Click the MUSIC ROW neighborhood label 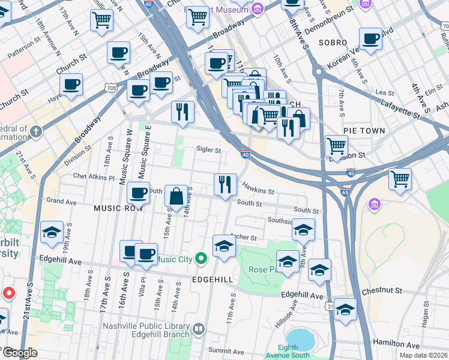pyautogui.click(x=118, y=207)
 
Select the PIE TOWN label pyautogui.click(x=364, y=130)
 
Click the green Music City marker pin pyautogui.click(x=201, y=259)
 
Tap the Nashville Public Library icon pyautogui.click(x=199, y=329)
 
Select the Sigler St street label pyautogui.click(x=209, y=150)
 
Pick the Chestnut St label pyautogui.click(x=382, y=290)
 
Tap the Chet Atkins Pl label pyautogui.click(x=93, y=177)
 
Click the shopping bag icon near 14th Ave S pyautogui.click(x=176, y=196)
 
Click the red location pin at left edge pyautogui.click(x=9, y=293)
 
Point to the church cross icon pyautogui.click(x=36, y=131)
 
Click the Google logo pyautogui.click(x=19, y=353)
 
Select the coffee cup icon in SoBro pyautogui.click(x=370, y=39)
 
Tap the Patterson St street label pyautogui.click(x=23, y=49)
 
